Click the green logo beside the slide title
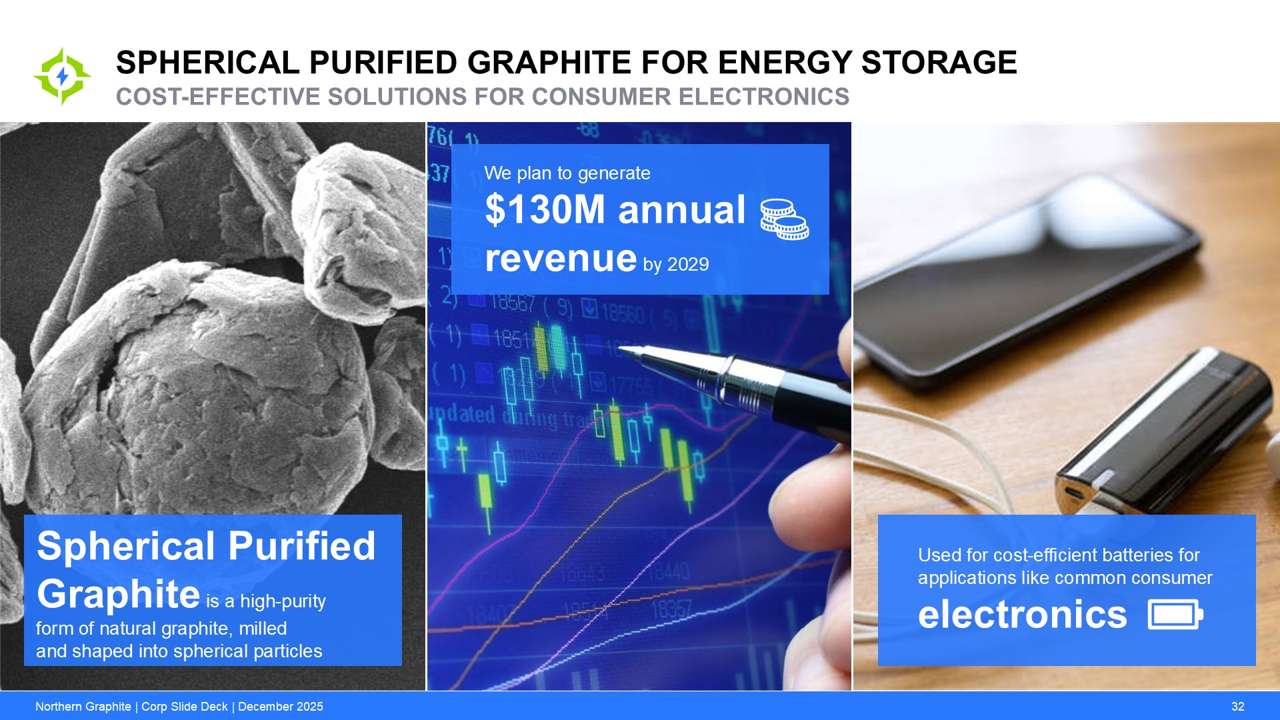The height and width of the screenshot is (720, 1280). tap(62, 77)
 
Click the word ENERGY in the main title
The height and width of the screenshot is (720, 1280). tap(785, 63)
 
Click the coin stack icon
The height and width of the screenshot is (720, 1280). tap(785, 219)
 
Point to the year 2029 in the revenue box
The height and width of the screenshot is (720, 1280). tap(688, 265)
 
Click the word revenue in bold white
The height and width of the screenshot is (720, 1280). tap(561, 258)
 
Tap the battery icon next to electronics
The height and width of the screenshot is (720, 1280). tap(1175, 614)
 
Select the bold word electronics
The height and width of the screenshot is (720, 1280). tap(1022, 614)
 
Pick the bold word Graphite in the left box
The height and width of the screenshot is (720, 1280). tap(119, 594)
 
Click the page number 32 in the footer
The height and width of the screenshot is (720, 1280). tap(1238, 707)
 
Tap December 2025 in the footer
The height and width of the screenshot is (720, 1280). tap(281, 707)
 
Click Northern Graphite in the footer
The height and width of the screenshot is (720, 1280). tap(83, 707)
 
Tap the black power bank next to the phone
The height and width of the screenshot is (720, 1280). tap(1163, 433)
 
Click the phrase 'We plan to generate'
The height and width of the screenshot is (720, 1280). tap(567, 173)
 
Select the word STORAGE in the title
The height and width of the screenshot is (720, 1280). tap(939, 63)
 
